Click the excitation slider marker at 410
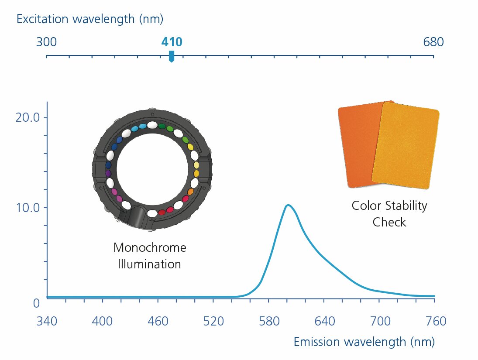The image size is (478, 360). [172, 56]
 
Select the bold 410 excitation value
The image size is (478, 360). [172, 42]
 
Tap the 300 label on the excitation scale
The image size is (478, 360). [46, 42]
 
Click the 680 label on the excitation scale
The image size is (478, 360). [433, 42]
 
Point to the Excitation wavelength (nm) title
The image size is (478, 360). [90, 19]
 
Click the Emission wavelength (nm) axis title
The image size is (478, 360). [364, 342]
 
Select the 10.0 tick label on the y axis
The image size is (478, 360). [28, 207]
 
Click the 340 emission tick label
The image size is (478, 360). [47, 322]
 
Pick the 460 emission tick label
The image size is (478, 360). [158, 322]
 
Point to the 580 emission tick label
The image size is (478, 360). [269, 322]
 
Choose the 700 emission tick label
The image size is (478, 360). [380, 322]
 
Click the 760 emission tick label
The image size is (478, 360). [435, 322]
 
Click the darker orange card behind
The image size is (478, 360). [356, 144]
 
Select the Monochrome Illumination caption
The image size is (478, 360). [149, 256]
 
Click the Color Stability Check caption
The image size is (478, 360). [389, 214]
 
